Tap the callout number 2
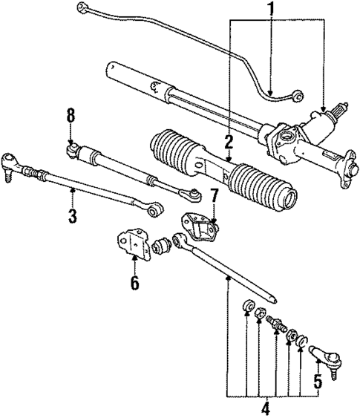229,140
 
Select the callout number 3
73,216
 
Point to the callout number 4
264,407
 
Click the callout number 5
317,383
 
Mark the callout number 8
71,115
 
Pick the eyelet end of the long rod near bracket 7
179,241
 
